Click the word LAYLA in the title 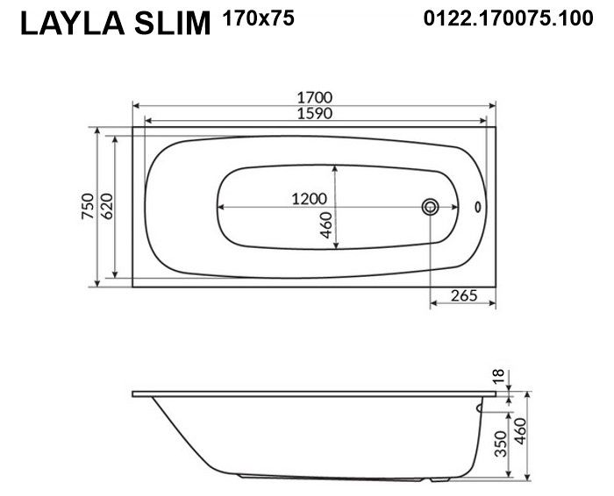pos(73,23)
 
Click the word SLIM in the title pos(173,23)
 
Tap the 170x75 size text pos(258,18)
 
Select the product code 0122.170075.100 pos(508,18)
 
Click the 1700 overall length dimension pos(314,97)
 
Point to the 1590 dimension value pos(314,113)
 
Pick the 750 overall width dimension pos(88,206)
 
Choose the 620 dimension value pos(106,206)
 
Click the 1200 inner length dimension pos(309,199)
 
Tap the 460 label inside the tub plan pos(325,225)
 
